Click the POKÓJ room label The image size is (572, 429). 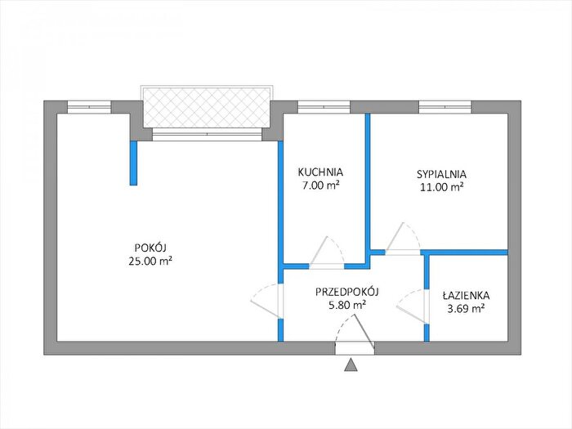tap(150, 248)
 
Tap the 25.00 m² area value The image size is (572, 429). tap(150, 261)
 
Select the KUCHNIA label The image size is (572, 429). tap(320, 172)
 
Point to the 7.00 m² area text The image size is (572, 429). tap(320, 185)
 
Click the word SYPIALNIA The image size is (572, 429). tap(441, 173)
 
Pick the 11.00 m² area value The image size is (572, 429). tap(442, 187)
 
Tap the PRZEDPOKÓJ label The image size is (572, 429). tap(347, 292)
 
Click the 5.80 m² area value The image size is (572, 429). tap(347, 305)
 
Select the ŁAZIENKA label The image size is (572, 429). tap(466, 295)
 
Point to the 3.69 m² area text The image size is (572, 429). tap(466, 309)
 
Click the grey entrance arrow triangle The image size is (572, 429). tap(351, 364)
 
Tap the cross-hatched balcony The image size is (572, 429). tap(207, 106)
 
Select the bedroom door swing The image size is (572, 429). tap(403, 238)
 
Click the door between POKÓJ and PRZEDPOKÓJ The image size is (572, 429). tap(266, 301)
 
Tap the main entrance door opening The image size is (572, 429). tap(355, 347)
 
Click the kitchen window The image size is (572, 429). tap(324, 107)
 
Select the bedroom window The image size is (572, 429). tap(445, 107)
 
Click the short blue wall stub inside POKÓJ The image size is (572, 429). tap(133, 163)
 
